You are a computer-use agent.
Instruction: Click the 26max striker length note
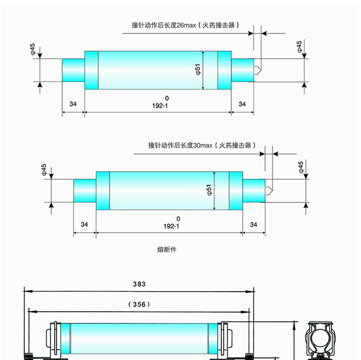click(186, 25)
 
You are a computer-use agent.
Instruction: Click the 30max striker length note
click(202, 145)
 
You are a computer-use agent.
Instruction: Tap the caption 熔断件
click(164, 250)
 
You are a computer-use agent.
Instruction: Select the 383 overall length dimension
click(139, 284)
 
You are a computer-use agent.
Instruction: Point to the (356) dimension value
click(140, 304)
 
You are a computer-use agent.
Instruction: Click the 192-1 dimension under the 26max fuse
click(167, 105)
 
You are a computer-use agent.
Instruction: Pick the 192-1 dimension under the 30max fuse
click(178, 225)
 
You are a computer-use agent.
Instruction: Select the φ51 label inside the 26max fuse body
click(198, 70)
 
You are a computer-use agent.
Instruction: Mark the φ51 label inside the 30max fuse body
click(209, 190)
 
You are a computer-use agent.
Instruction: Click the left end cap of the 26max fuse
click(74, 70)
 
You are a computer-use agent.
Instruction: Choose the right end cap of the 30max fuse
click(254, 190)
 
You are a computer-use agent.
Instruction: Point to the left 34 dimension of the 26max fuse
click(73, 104)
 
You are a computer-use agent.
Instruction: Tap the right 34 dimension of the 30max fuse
click(254, 225)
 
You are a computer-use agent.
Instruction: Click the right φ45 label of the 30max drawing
click(300, 167)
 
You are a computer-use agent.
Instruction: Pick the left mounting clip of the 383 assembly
click(52, 340)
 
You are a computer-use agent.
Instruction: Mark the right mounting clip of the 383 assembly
click(226, 340)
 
